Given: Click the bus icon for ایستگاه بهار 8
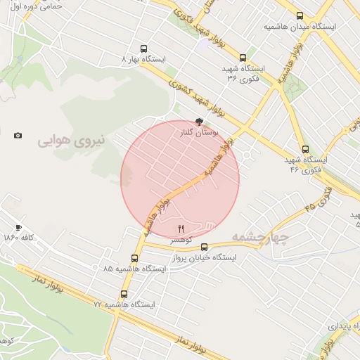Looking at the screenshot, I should coord(144,49).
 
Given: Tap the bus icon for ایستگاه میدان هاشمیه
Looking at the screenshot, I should coord(300,15).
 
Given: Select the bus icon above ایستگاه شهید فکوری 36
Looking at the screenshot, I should coord(243,58).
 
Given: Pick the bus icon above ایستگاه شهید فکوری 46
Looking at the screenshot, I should coord(305,149).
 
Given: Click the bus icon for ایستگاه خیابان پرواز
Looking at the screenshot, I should coord(205,247).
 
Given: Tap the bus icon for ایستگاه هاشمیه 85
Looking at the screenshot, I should coord(136,258).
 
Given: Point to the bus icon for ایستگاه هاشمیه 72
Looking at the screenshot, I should coord(124,295).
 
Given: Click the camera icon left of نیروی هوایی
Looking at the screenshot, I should coord(18,135).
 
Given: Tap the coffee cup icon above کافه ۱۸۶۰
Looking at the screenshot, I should coord(18,227).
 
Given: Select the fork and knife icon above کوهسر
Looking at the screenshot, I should coord(181,228).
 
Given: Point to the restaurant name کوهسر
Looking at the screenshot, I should coord(181,240).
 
